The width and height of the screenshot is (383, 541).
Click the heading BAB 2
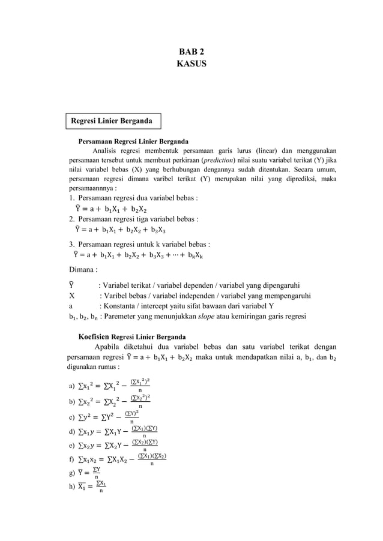191,52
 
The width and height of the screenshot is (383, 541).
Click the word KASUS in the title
191,63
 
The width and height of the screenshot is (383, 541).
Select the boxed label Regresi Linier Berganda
112,121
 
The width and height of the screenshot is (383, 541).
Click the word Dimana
83,270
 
